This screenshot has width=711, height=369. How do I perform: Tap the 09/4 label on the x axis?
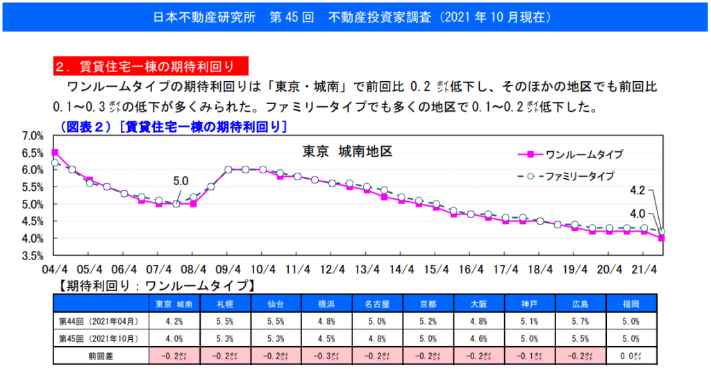tap(228, 269)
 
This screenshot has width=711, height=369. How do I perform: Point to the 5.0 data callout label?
tap(180, 182)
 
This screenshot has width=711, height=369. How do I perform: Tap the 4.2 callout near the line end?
tap(637, 189)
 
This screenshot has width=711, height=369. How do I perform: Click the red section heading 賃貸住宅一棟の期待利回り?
tap(151, 66)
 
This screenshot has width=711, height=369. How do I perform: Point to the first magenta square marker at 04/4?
tap(55, 153)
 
